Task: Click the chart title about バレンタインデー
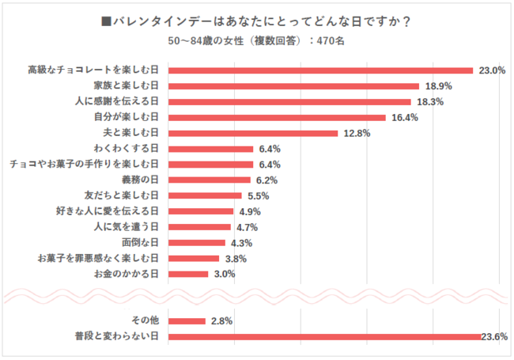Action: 256,21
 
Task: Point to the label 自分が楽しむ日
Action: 127,117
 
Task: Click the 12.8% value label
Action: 355,133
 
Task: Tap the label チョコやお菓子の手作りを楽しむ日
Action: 85,164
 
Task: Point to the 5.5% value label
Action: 257,195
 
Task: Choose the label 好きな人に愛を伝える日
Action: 105,211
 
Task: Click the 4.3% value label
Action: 241,243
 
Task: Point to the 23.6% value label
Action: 493,337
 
